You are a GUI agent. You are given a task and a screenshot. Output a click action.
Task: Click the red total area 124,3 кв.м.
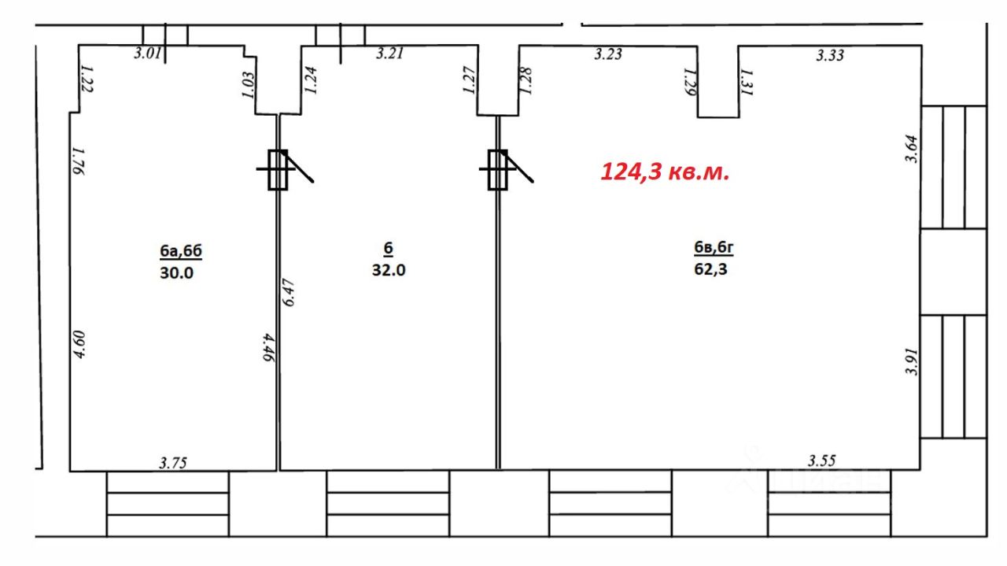click(665, 172)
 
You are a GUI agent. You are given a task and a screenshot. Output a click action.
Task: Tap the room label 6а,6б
click(181, 251)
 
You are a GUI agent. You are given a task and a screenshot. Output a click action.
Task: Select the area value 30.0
click(177, 272)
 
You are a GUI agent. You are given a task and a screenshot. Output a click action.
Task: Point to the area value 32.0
click(389, 270)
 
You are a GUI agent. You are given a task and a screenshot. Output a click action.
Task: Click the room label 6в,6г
click(714, 247)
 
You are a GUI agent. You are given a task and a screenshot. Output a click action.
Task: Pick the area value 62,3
click(710, 269)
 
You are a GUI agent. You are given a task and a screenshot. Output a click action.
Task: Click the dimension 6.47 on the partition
click(289, 293)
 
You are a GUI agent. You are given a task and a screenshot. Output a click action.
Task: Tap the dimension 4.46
click(268, 347)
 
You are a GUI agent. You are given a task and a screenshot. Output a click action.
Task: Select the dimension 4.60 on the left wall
click(79, 344)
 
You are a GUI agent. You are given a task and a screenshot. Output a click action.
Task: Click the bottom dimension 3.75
click(173, 463)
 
